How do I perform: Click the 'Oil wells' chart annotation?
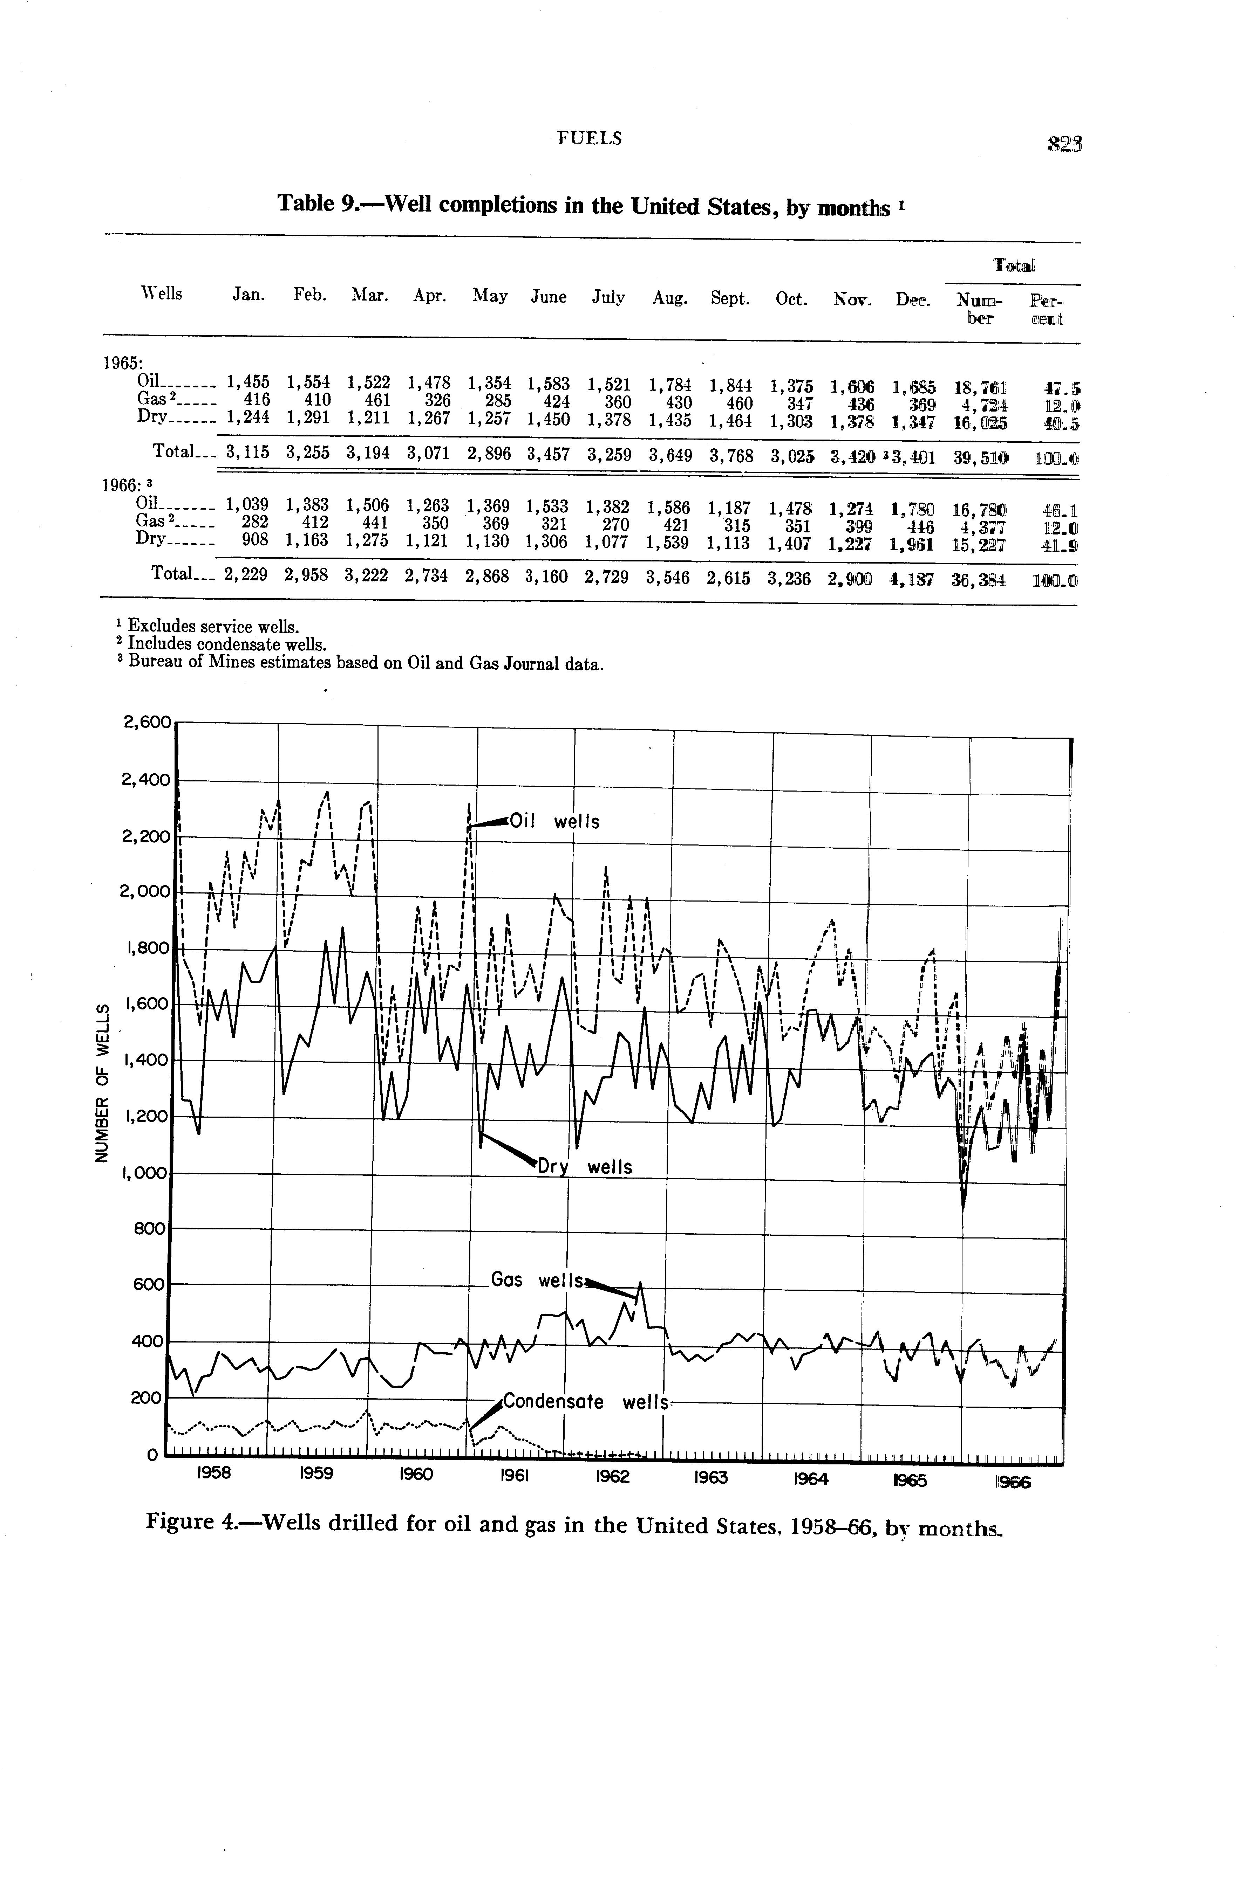click(554, 821)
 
